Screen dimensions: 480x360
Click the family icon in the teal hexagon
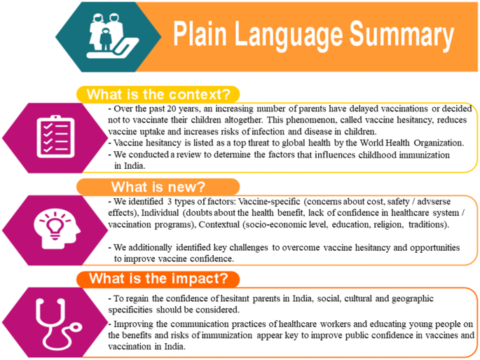[x=113, y=36]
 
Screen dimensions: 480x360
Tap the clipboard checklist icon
[x=55, y=137]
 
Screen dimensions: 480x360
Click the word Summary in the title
[x=402, y=34]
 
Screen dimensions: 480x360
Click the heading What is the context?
[x=158, y=95]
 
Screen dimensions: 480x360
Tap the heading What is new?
[x=158, y=187]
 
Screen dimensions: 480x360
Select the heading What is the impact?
[x=158, y=279]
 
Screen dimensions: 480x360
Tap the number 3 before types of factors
[x=169, y=202]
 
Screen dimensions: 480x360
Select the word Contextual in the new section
[x=219, y=225]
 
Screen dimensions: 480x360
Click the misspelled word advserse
[x=434, y=202]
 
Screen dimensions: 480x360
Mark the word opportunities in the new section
[x=434, y=248]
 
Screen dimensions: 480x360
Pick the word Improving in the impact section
[x=133, y=324]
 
